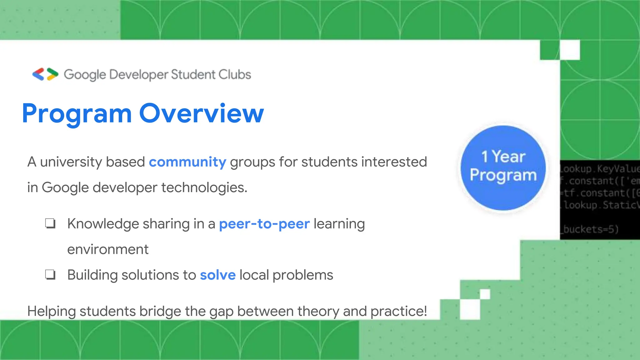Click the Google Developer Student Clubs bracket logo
(45, 74)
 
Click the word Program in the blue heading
(77, 114)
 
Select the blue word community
(187, 162)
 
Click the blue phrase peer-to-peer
(264, 224)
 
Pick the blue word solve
(218, 275)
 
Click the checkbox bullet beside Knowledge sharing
(50, 224)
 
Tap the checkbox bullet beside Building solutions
(50, 275)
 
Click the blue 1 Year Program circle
(503, 168)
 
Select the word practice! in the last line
(399, 311)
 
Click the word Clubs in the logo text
(235, 75)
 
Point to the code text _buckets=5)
(591, 229)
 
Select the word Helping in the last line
(52, 312)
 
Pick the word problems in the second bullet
(303, 275)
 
